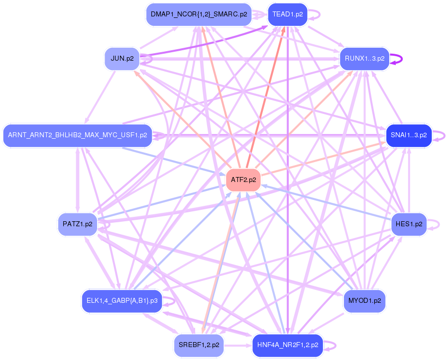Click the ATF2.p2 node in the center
pyautogui.click(x=243, y=180)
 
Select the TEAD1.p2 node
pyautogui.click(x=288, y=14)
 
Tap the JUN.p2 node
pyautogui.click(x=122, y=59)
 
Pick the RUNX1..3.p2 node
pyautogui.click(x=364, y=59)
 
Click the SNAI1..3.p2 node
pyautogui.click(x=408, y=135)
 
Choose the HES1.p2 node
pyautogui.click(x=409, y=224)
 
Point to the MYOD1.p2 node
pyautogui.click(x=364, y=301)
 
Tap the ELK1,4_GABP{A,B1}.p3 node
pyautogui.click(x=122, y=301)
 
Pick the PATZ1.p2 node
pyautogui.click(x=77, y=224)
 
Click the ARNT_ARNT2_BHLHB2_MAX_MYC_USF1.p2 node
pyautogui.click(x=77, y=135)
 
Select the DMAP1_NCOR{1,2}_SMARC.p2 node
pyautogui.click(x=199, y=14)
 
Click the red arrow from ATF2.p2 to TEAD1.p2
pyautogui.click(x=266, y=94)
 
